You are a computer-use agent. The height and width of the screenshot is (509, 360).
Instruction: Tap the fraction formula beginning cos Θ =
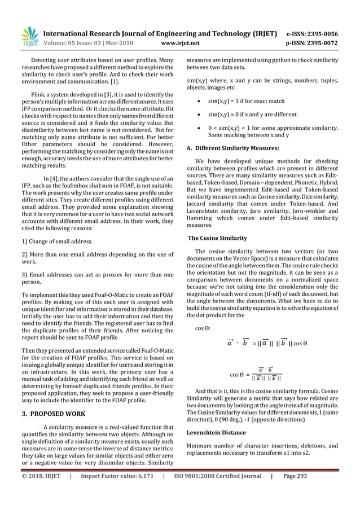point(256,374)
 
